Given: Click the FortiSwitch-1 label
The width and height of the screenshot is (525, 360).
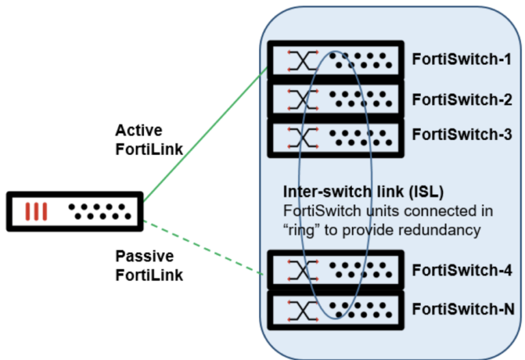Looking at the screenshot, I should pos(461,59).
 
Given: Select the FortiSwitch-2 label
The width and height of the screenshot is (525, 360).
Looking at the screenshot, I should pos(461,99).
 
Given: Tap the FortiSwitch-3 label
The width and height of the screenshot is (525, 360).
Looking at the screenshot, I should pos(461,135).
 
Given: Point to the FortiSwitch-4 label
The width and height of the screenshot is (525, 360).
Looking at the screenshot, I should pos(461,270).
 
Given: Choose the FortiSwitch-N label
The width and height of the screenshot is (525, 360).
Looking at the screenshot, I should pos(463,309).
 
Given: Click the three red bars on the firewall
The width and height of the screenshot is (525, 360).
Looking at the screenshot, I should pos(36,211).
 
